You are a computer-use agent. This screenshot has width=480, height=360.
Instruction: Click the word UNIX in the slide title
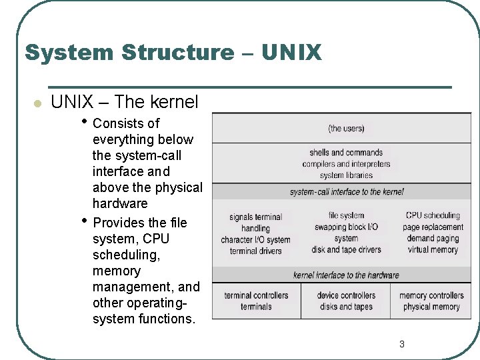(x=291, y=52)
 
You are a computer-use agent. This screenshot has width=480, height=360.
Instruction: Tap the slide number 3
(x=401, y=344)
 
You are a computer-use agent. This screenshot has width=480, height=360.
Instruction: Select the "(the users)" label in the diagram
(x=346, y=128)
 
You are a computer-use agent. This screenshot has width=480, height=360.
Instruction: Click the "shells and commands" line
(x=346, y=153)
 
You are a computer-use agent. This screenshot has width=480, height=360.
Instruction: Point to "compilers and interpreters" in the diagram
(x=346, y=164)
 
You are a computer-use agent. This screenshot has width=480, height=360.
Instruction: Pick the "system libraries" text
(x=346, y=175)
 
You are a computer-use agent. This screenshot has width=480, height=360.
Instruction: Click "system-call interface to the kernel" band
(x=346, y=192)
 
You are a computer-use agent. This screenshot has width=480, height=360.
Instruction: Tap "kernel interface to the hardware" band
(x=346, y=275)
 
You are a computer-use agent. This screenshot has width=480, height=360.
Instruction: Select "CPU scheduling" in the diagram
(x=433, y=215)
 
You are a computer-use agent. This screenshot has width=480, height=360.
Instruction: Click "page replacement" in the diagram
(x=433, y=227)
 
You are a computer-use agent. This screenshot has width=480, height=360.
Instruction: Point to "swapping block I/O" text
(x=346, y=227)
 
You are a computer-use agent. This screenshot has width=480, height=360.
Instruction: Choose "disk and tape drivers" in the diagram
(x=346, y=250)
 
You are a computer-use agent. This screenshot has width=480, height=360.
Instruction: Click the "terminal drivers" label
(x=255, y=251)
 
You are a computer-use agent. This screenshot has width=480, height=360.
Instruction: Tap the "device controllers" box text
(x=346, y=295)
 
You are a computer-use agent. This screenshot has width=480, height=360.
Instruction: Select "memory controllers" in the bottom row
(x=431, y=295)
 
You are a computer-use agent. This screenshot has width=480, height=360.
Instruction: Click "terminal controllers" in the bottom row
(x=256, y=295)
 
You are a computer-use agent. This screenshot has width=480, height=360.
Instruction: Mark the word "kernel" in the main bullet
(x=174, y=102)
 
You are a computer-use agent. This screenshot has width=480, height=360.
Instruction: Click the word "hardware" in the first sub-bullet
(x=120, y=203)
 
